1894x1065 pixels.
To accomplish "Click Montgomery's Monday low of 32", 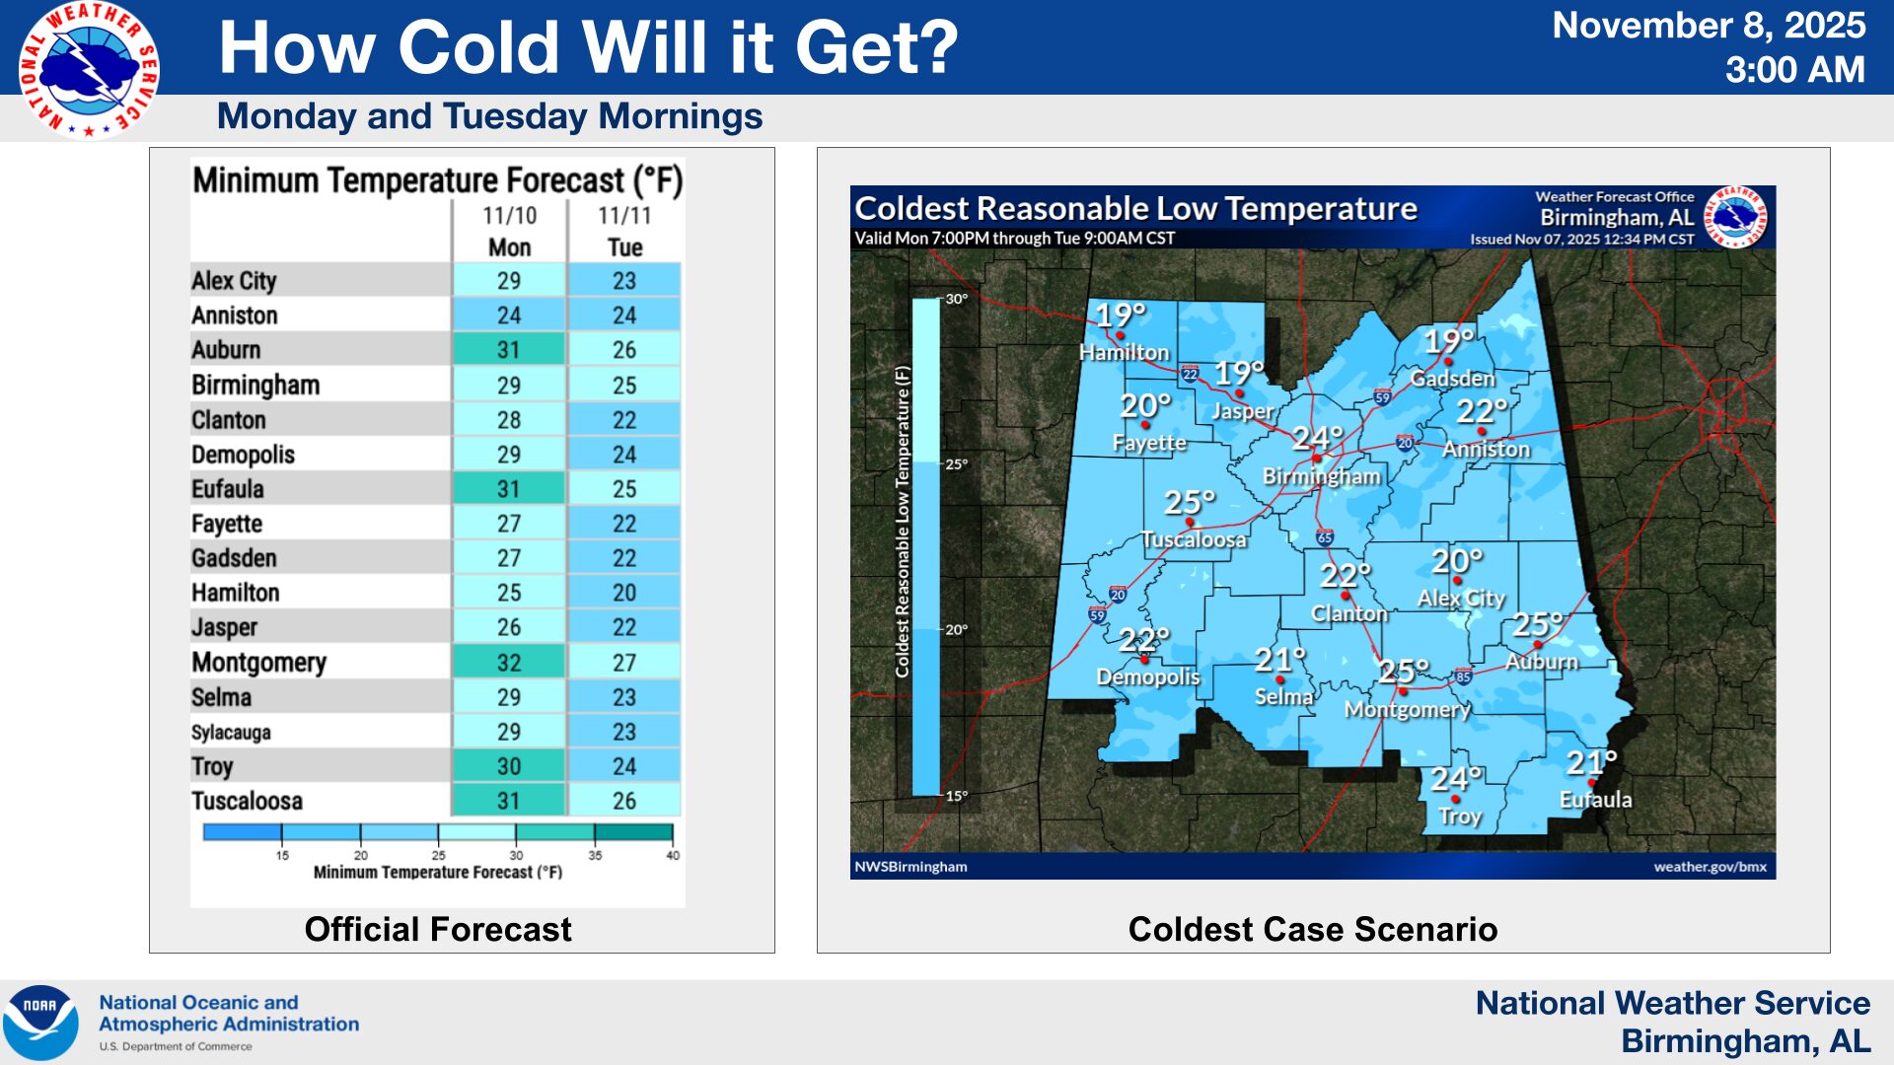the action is (x=509, y=663).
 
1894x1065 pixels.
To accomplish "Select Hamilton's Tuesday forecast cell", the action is (x=624, y=593).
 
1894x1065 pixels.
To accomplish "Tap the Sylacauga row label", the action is (x=231, y=732).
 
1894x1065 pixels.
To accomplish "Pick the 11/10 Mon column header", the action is (x=509, y=231).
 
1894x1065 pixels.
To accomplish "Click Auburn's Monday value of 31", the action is (x=509, y=350).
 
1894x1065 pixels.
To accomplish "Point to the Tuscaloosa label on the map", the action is (x=1194, y=539).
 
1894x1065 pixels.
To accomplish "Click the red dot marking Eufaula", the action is (x=1592, y=783).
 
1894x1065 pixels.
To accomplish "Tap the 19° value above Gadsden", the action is (x=1448, y=341).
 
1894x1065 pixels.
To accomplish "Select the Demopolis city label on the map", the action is (x=1148, y=676).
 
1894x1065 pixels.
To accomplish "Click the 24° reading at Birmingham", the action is (x=1318, y=437).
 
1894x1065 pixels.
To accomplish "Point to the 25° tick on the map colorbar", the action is (x=956, y=464).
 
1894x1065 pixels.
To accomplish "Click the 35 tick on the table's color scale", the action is (x=595, y=855).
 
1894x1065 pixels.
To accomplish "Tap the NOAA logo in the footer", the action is (x=40, y=1023).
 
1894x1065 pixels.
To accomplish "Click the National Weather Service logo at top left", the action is (x=89, y=69).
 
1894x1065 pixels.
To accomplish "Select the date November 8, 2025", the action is (x=1709, y=26).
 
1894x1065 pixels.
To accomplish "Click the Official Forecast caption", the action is (x=438, y=929).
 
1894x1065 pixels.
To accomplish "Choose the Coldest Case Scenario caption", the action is (x=1313, y=929).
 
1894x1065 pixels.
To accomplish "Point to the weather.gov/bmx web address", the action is (x=1711, y=867).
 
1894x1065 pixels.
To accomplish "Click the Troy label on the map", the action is (x=1460, y=816).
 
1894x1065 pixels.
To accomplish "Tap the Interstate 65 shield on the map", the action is (x=1325, y=537).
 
